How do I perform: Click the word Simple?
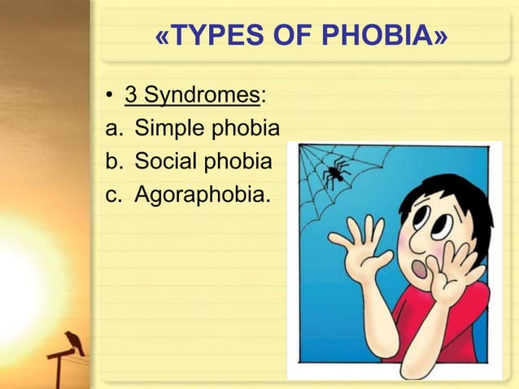pyautogui.click(x=169, y=129)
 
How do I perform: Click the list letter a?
pyautogui.click(x=111, y=129)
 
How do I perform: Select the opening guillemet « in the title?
pyautogui.click(x=163, y=37)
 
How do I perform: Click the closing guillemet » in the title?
pyautogui.click(x=440, y=37)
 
